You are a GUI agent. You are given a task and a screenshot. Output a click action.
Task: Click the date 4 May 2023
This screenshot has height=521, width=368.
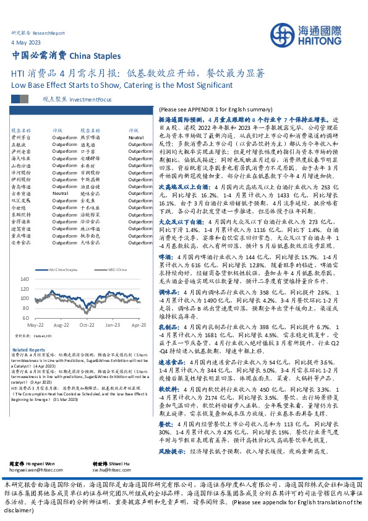(x=23, y=42)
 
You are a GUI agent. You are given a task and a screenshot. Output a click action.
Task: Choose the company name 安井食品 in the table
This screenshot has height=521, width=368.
(x=20, y=241)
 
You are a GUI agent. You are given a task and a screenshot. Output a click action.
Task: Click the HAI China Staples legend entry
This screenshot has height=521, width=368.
(x=63, y=270)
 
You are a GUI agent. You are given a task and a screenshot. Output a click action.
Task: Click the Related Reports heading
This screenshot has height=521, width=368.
(x=25, y=350)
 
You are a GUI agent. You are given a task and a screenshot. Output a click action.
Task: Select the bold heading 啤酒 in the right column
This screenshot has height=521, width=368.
(x=166, y=256)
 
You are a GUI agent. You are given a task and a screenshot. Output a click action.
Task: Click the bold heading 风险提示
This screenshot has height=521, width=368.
(x=173, y=435)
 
